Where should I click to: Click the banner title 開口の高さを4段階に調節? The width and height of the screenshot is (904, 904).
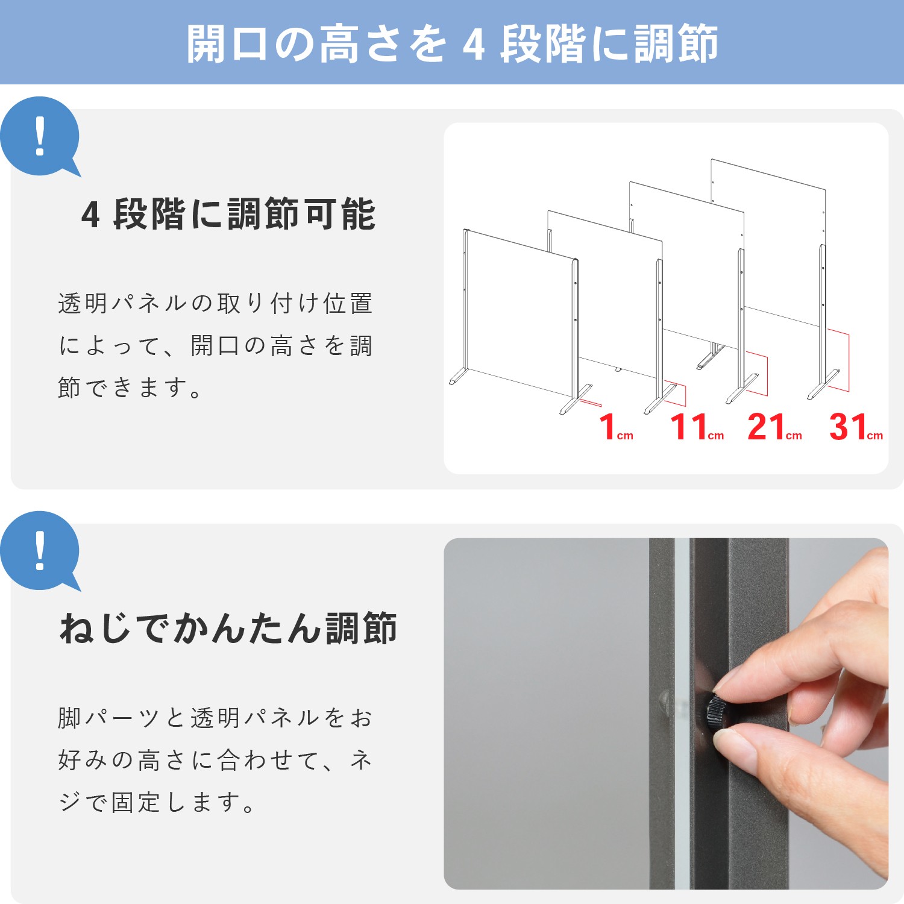[x=452, y=43]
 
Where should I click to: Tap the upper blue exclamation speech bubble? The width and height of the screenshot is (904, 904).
[x=40, y=137]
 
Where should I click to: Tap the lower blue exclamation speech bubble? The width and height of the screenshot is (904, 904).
[x=40, y=551]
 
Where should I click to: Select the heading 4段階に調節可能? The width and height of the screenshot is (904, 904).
[x=228, y=214]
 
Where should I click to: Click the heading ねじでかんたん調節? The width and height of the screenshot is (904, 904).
[x=228, y=628]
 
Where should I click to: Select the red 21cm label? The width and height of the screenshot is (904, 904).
[x=775, y=427]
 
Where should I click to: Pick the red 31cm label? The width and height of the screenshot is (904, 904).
[x=856, y=427]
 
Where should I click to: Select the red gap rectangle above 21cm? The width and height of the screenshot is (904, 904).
[x=756, y=374]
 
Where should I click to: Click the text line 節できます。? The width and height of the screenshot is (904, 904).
[x=130, y=388]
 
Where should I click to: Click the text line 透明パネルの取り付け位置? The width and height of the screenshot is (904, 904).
[x=215, y=303]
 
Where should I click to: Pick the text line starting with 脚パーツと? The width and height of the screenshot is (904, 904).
[x=215, y=718]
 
